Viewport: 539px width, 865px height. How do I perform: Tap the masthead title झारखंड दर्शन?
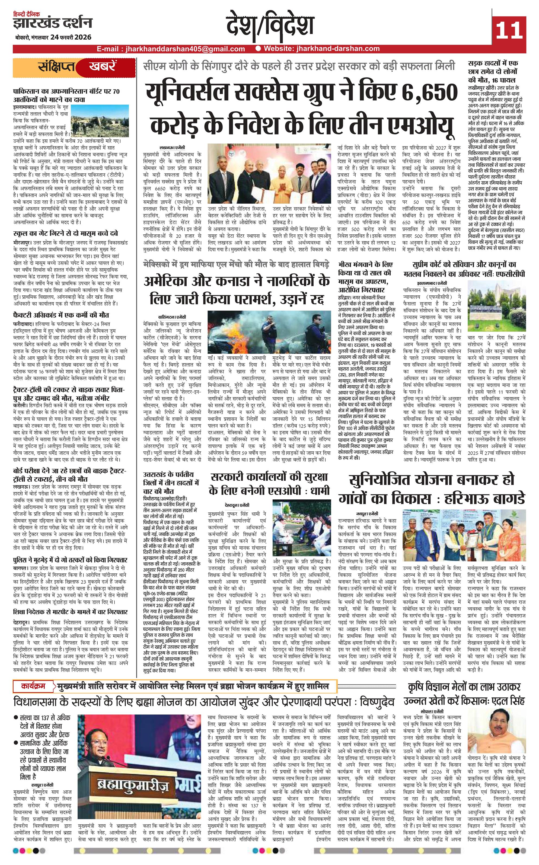pyautogui.click(x=52, y=24)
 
